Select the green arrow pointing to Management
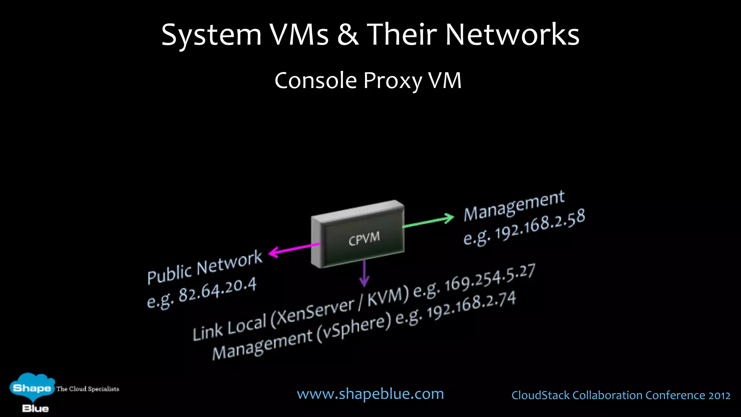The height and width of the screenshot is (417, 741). [429, 222]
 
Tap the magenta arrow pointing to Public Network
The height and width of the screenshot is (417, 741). [294, 249]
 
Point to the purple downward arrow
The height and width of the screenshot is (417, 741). [364, 274]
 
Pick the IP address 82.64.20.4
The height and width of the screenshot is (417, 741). [217, 290]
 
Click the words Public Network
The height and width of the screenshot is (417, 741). [204, 267]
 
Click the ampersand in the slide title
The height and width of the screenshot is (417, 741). [348, 35]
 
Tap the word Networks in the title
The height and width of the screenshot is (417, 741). [512, 35]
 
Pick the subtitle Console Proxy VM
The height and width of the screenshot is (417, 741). [368, 80]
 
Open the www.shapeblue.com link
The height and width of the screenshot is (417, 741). [370, 394]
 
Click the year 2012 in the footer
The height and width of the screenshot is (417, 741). [719, 395]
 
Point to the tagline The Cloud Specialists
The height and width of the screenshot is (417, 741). [88, 389]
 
